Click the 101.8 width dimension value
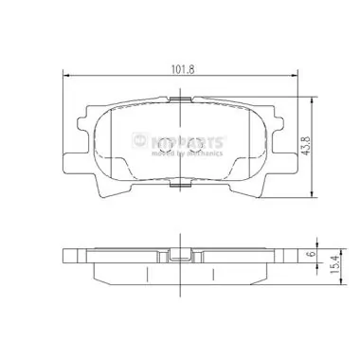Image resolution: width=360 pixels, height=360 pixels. tap(180, 67)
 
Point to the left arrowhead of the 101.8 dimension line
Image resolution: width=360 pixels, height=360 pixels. tap(64, 74)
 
